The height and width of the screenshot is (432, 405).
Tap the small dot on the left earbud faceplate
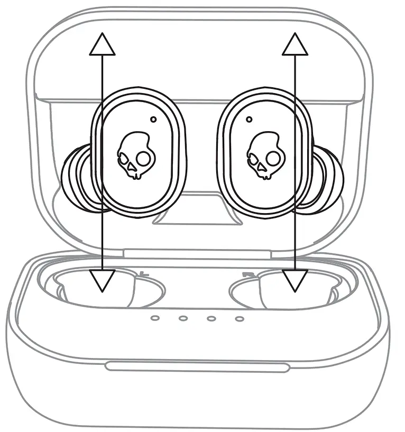(153, 120)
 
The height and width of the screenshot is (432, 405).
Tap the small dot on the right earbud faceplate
(248, 120)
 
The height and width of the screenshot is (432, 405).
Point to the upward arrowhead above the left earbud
(102, 44)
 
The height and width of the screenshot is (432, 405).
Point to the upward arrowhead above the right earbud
(294, 44)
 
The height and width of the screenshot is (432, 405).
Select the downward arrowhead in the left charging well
(102, 280)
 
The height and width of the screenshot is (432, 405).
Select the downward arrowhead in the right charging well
(294, 280)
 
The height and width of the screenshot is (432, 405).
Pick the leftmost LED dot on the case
(154, 318)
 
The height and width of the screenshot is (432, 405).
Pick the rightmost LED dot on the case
(240, 318)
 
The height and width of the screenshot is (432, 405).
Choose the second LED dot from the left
(183, 318)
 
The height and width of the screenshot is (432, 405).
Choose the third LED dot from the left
(211, 318)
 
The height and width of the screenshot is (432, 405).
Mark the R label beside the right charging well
(246, 274)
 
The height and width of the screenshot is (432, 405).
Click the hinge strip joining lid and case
(201, 254)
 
